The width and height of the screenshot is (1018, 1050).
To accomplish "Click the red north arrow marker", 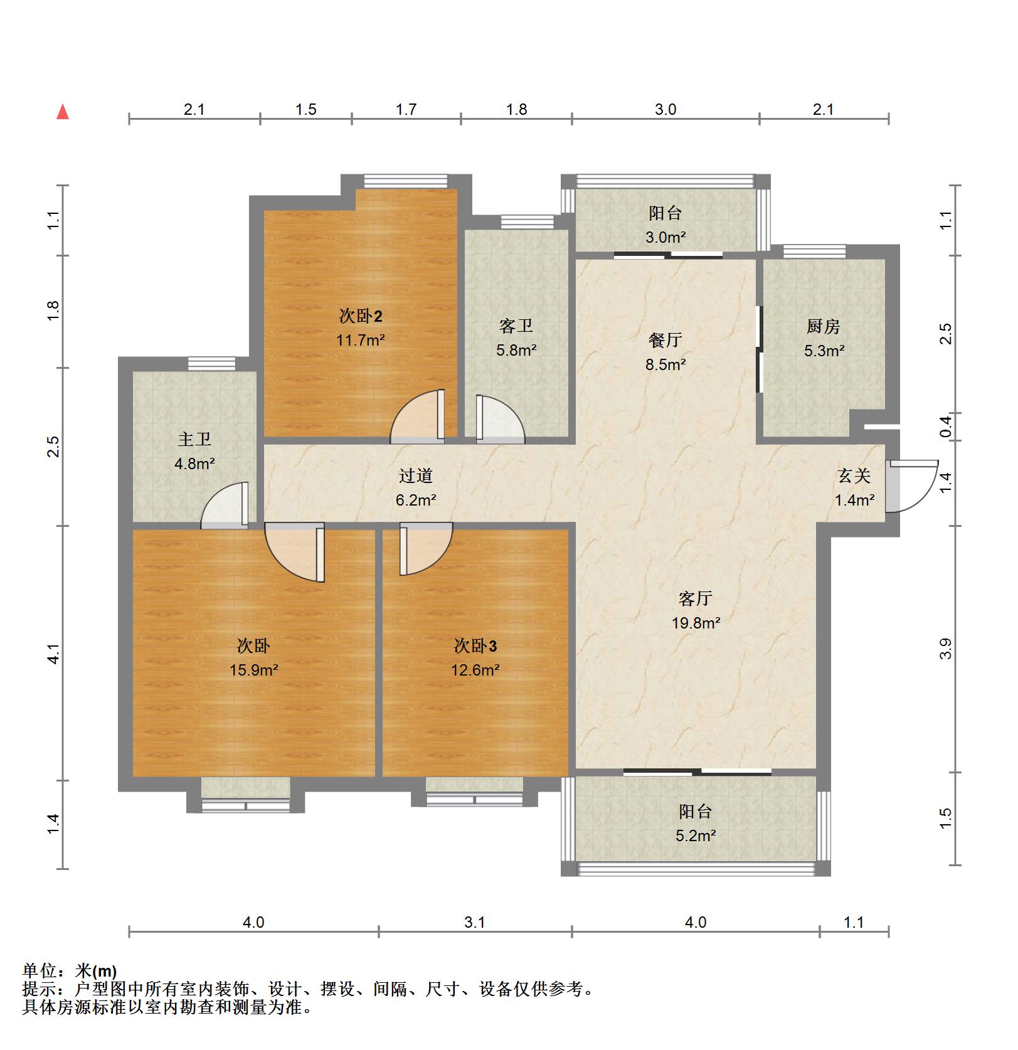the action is click(63, 112).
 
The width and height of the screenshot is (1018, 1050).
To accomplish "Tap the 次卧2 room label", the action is click(361, 316).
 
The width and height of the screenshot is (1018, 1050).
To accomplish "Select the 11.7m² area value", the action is click(361, 341).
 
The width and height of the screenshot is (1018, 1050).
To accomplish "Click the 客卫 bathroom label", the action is click(516, 326).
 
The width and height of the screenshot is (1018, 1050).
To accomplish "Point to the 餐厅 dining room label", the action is click(665, 341).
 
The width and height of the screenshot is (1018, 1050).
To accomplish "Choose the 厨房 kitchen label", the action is click(824, 327).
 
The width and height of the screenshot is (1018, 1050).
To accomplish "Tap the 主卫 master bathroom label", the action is click(194, 440).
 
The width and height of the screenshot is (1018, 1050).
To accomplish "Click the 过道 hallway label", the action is click(416, 476).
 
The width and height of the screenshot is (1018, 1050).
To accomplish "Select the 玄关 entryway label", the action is click(854, 476).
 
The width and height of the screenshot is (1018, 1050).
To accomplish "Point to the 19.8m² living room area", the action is click(696, 623).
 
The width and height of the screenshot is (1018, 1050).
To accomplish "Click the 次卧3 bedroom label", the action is click(475, 646).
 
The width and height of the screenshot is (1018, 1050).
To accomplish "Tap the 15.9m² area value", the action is click(254, 671).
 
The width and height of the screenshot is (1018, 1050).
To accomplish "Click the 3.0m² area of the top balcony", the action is click(666, 238).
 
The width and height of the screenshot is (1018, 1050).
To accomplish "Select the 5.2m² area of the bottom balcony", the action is click(696, 836).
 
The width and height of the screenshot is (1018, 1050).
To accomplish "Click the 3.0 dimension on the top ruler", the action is click(665, 110).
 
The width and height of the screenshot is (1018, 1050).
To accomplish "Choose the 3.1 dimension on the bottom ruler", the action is click(475, 923).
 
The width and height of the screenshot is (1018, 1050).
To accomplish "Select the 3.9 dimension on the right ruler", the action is click(946, 649).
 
